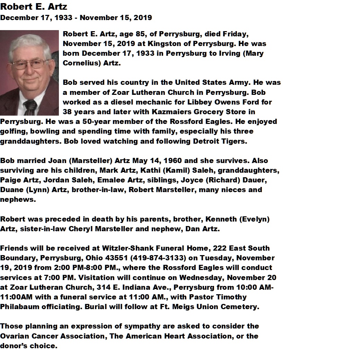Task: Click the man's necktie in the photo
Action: pyautogui.click(x=30, y=107)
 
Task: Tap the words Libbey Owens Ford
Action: pyautogui.click(x=224, y=102)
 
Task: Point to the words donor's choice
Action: pyautogui.click(x=28, y=345)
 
